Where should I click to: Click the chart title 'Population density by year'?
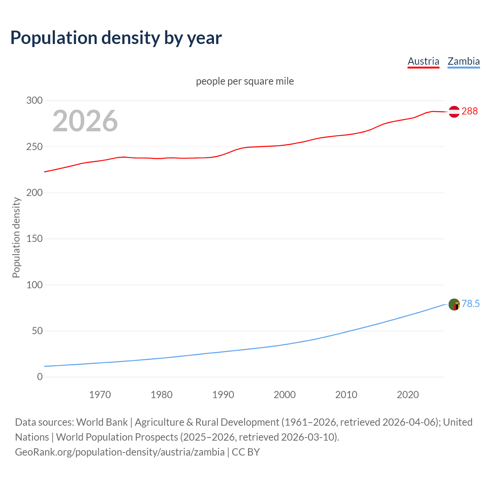coord(116,38)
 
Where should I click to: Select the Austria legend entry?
coord(423,61)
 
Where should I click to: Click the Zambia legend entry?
coord(464,61)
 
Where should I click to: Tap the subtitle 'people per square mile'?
coord(245,81)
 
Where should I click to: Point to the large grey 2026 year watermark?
coord(85,121)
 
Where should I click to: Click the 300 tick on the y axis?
coord(34,101)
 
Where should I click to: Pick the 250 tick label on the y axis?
coord(34,147)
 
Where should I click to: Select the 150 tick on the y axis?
coord(34,239)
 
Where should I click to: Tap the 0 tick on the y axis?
coord(40,377)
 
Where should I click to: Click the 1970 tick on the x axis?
coord(100,395)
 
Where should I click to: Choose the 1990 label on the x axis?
coord(223,395)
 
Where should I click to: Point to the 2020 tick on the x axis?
coord(408,395)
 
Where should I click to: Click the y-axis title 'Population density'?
coord(16,237)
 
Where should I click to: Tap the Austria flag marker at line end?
coord(454,111)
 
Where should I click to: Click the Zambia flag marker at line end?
coord(454,305)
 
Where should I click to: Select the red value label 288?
coord(470,111)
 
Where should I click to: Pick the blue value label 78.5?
coord(470,304)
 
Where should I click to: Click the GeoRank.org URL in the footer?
coord(120,452)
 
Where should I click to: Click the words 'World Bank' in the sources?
coord(102,422)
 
